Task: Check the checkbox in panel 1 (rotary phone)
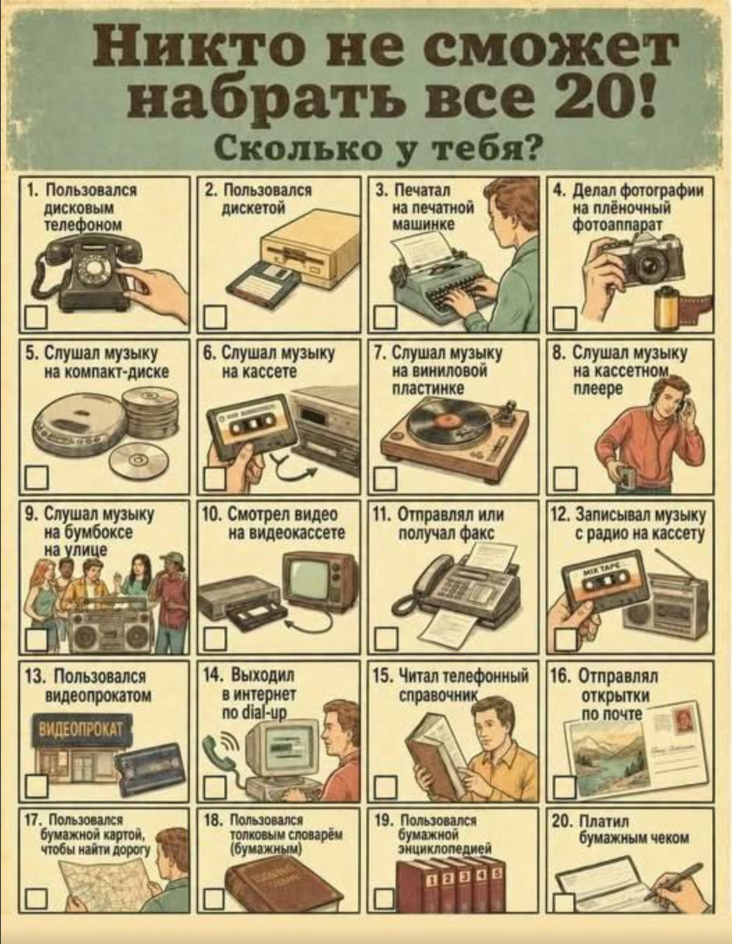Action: pyautogui.click(x=35, y=318)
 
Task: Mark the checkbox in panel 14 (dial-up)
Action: pyautogui.click(x=215, y=786)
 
